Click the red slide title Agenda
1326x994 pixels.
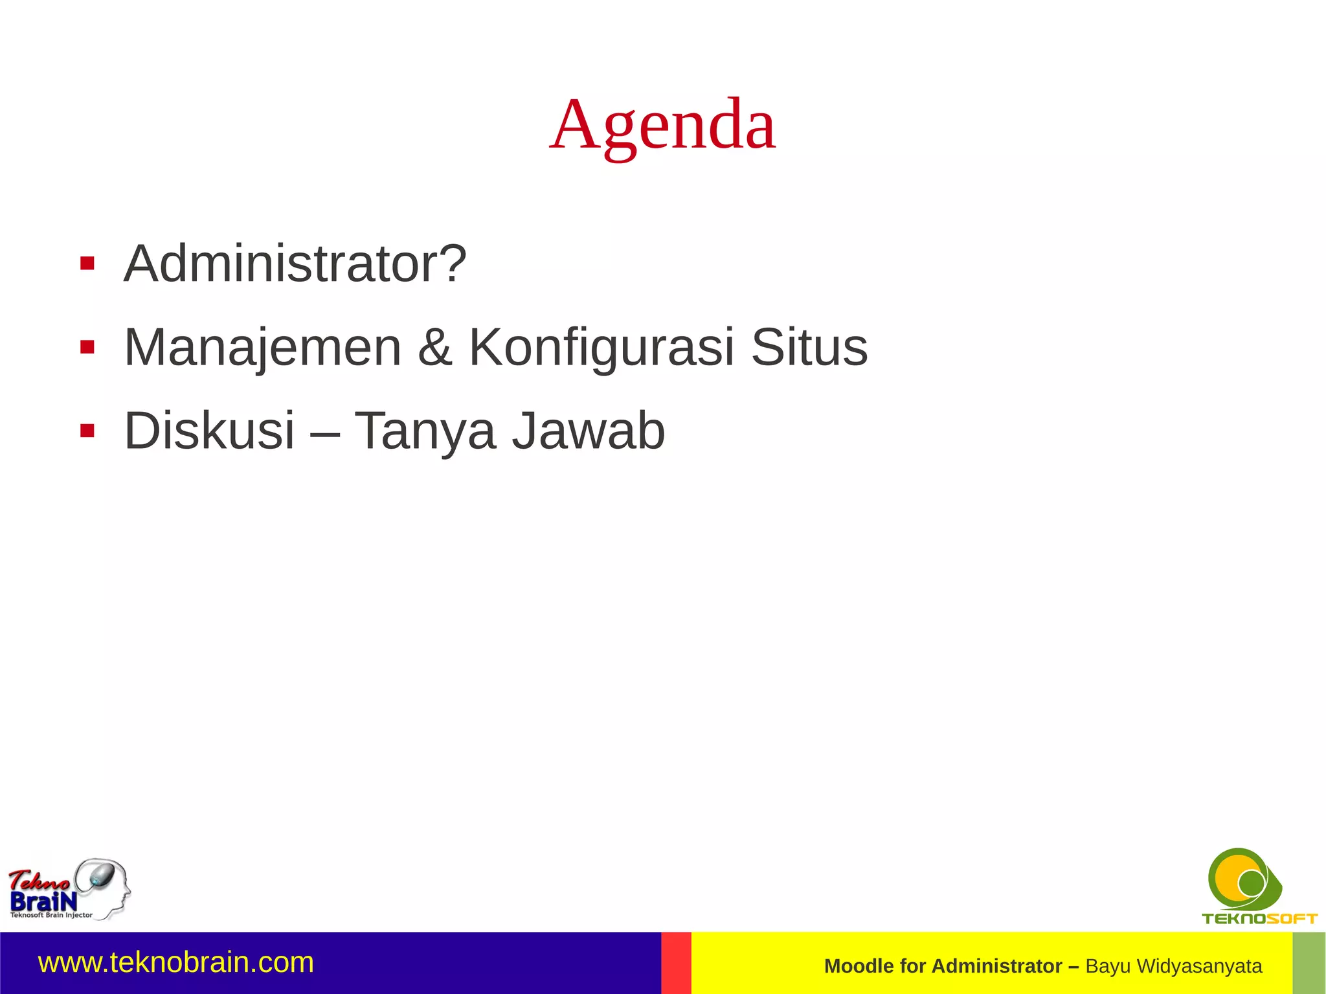pyautogui.click(x=662, y=124)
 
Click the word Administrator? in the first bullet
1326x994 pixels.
pyautogui.click(x=295, y=264)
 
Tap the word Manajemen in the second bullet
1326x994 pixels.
pyautogui.click(x=263, y=348)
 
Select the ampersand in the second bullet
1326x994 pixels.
pyautogui.click(x=434, y=348)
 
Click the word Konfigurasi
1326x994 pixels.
pyautogui.click(x=601, y=348)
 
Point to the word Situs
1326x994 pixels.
pyautogui.click(x=809, y=348)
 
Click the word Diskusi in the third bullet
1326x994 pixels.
pyautogui.click(x=209, y=431)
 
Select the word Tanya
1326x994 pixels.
pyautogui.click(x=425, y=431)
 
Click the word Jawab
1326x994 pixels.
pyautogui.click(x=589, y=431)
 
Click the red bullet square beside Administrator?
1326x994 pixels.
pyautogui.click(x=87, y=264)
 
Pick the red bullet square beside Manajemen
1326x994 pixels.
pyautogui.click(x=87, y=348)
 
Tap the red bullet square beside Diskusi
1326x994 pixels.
pyautogui.click(x=87, y=431)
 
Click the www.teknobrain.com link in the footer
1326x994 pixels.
pyautogui.click(x=176, y=962)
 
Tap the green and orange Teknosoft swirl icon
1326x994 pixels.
pyautogui.click(x=1244, y=879)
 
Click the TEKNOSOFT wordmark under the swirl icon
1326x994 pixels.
pyautogui.click(x=1259, y=918)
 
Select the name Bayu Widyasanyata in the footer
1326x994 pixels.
pyautogui.click(x=1173, y=966)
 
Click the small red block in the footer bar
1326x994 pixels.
pyautogui.click(x=676, y=963)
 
